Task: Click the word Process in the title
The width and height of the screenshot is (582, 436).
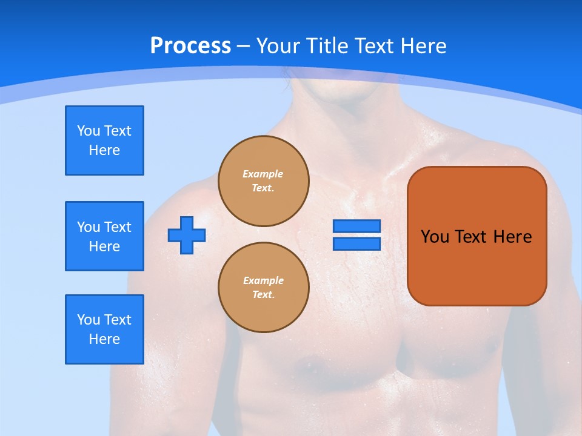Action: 190,45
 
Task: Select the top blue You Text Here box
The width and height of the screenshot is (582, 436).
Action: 104,140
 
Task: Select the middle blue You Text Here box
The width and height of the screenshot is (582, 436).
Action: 104,236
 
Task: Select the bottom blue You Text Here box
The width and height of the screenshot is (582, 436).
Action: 104,329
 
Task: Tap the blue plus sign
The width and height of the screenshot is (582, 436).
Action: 187,235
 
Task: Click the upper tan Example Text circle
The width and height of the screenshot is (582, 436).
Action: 264,181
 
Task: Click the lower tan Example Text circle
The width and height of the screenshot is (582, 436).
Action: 264,288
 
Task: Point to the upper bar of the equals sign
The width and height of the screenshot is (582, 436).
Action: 356,226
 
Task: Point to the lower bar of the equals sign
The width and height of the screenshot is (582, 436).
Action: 356,243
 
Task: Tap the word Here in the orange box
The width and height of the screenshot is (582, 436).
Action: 512,237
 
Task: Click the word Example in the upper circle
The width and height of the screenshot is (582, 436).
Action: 263,174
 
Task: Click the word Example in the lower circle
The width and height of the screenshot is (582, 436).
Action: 263,280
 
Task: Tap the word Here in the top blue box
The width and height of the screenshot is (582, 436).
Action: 104,150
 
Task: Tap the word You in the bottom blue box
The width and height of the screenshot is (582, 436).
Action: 88,320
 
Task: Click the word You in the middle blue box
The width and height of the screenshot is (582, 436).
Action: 88,227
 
